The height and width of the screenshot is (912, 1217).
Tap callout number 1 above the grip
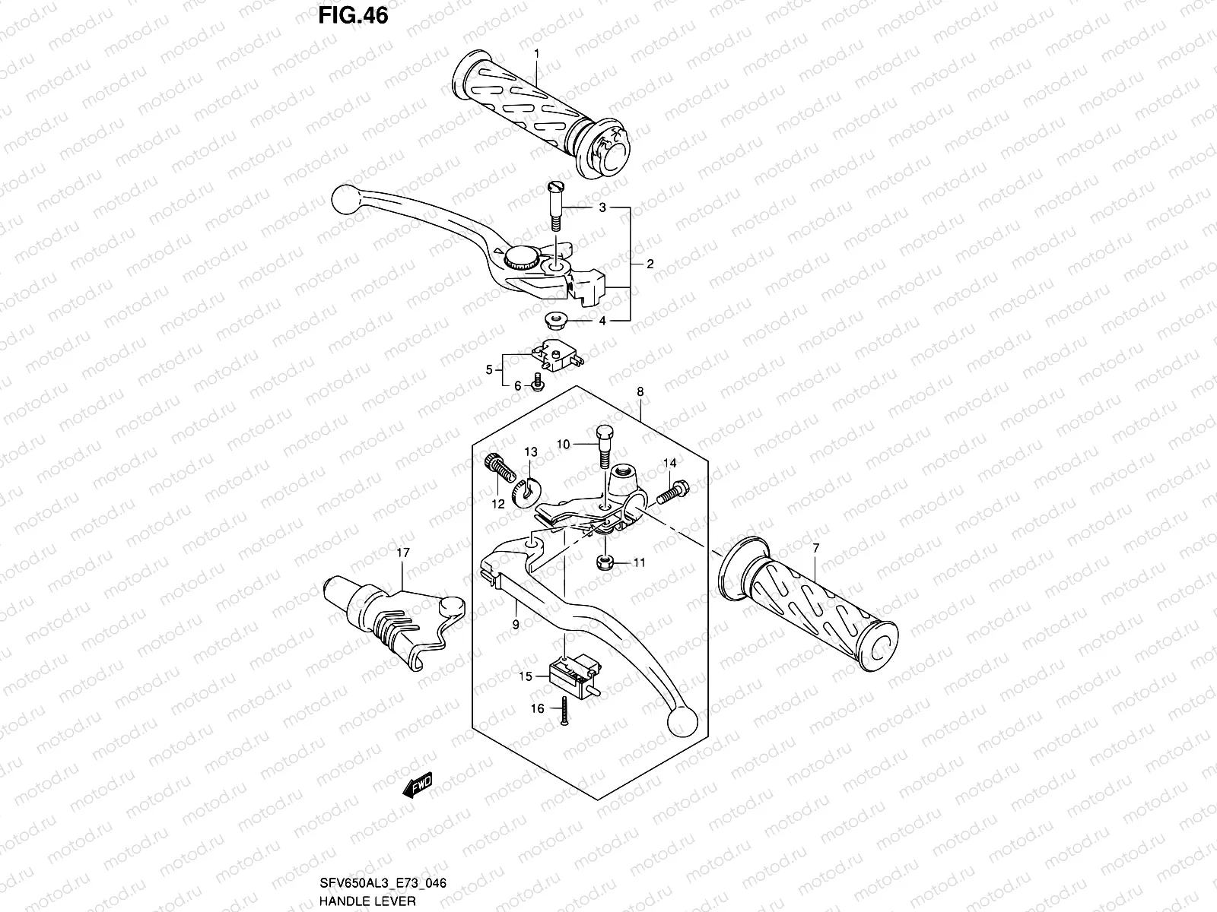point(536,53)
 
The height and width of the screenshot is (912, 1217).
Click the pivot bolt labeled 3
point(553,206)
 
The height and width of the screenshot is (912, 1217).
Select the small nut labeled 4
point(554,318)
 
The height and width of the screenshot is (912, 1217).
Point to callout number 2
point(650,264)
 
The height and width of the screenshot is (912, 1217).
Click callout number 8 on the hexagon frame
point(640,392)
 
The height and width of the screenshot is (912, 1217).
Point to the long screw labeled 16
point(564,711)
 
